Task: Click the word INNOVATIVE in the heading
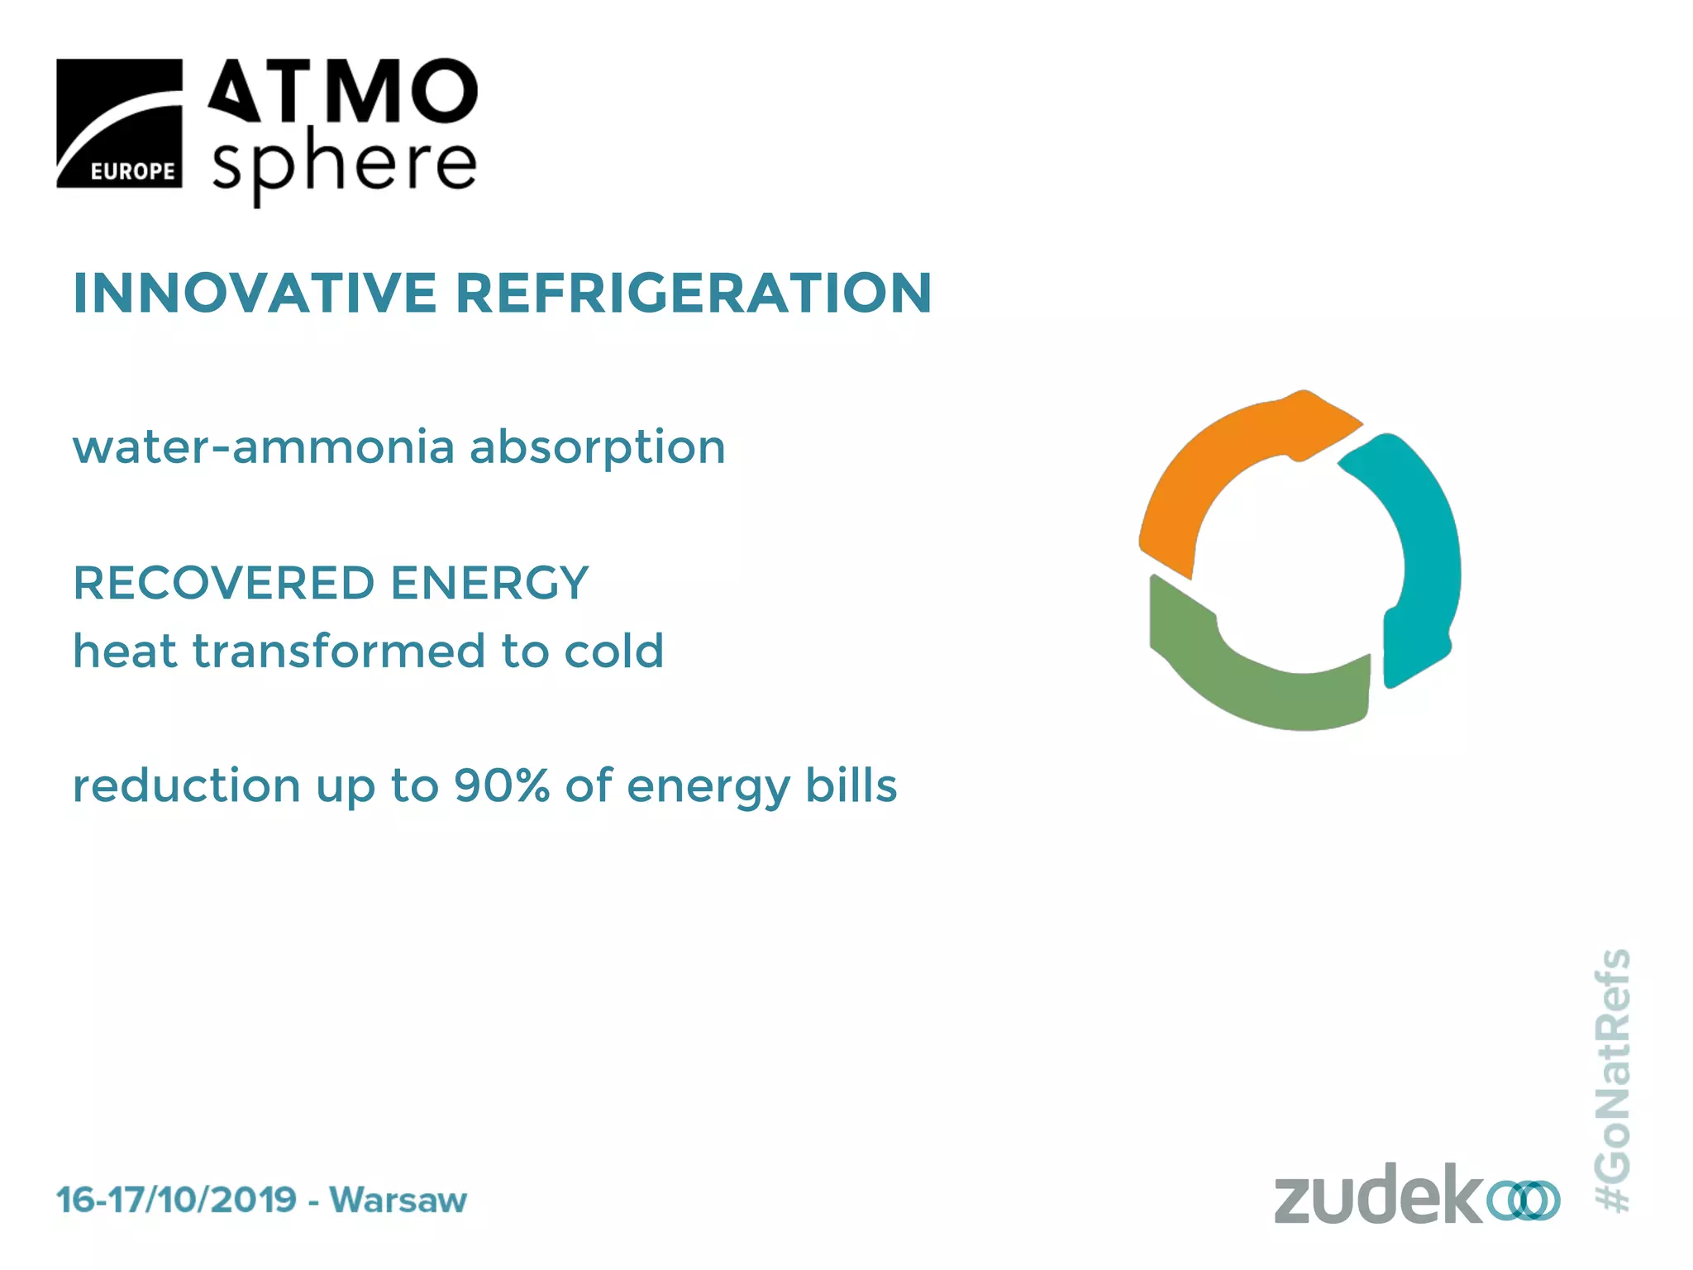click(255, 294)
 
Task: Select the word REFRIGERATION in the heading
click(694, 294)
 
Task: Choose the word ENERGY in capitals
click(489, 583)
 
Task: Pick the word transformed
click(338, 651)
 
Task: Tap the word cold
click(613, 651)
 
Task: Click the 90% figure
click(501, 785)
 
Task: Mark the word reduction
click(186, 785)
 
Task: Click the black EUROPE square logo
click(119, 123)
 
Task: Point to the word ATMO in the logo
click(342, 91)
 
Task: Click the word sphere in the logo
click(344, 165)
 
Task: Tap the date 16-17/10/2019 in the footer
click(176, 1200)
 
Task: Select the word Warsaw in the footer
click(398, 1200)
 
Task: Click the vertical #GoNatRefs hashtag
click(1612, 1080)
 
